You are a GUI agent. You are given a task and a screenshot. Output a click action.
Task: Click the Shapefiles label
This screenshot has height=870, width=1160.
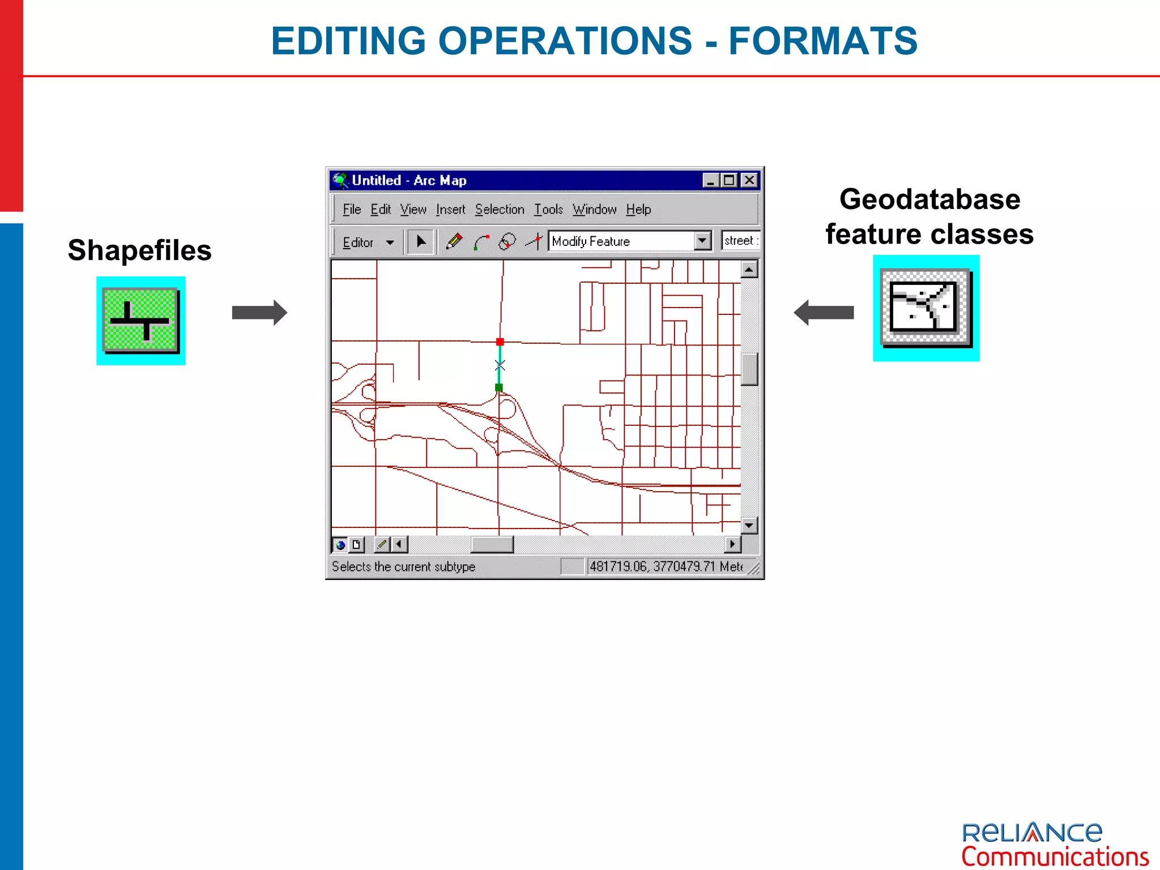(x=139, y=250)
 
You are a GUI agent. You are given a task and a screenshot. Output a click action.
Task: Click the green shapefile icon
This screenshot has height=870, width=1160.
(x=140, y=321)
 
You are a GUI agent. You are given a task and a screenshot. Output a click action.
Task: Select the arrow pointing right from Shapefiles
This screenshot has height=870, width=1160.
(x=259, y=313)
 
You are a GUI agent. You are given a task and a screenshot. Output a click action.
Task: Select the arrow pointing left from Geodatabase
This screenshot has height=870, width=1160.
(x=824, y=313)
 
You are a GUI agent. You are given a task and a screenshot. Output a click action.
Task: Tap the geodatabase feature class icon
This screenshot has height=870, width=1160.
(x=926, y=308)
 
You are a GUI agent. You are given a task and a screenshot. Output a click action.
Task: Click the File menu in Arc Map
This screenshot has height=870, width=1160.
(x=351, y=210)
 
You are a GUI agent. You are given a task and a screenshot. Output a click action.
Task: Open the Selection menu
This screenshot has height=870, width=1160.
(x=500, y=210)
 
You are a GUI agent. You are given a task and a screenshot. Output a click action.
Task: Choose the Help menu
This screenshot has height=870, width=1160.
(x=638, y=210)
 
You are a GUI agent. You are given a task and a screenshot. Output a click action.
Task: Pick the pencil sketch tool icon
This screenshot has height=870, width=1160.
(x=454, y=242)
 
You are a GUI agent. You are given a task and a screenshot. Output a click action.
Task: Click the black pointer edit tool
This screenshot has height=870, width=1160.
(x=421, y=242)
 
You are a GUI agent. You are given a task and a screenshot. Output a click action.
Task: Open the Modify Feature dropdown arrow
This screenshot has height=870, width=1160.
(x=702, y=241)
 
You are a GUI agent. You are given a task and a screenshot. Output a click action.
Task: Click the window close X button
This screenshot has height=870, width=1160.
(x=749, y=180)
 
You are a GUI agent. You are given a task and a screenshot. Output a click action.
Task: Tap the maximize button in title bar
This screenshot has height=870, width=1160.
(x=730, y=180)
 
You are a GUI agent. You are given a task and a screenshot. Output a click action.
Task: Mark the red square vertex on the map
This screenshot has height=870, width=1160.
(x=500, y=342)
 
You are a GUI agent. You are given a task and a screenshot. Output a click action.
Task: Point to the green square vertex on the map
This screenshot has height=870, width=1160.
(x=499, y=387)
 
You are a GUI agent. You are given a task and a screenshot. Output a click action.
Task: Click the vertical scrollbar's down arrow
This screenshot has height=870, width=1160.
(x=749, y=525)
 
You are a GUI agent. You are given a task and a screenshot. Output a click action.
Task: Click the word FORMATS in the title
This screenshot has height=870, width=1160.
(x=822, y=41)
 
